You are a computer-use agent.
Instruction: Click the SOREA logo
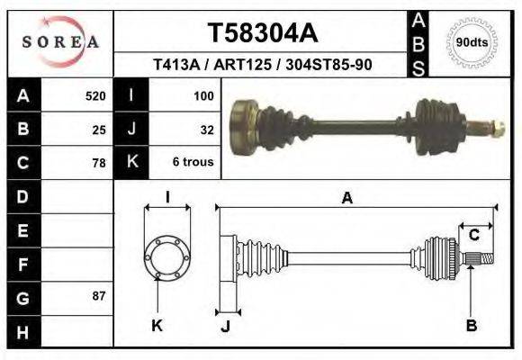click(x=60, y=42)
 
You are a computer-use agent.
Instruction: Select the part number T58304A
click(x=262, y=33)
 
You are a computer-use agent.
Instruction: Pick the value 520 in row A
click(x=95, y=95)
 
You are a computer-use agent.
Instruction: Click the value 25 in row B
click(x=99, y=130)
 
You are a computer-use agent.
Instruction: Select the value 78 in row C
click(x=99, y=163)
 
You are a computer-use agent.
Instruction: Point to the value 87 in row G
click(x=99, y=296)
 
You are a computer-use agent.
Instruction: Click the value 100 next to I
click(x=202, y=95)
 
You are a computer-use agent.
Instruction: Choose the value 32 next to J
click(x=206, y=130)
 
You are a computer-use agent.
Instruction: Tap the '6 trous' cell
click(x=193, y=163)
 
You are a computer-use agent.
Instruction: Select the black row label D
click(x=22, y=196)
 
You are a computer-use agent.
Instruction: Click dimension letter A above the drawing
click(x=346, y=199)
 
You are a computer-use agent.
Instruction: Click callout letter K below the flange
click(x=157, y=326)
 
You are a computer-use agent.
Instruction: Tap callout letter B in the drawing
click(x=470, y=326)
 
